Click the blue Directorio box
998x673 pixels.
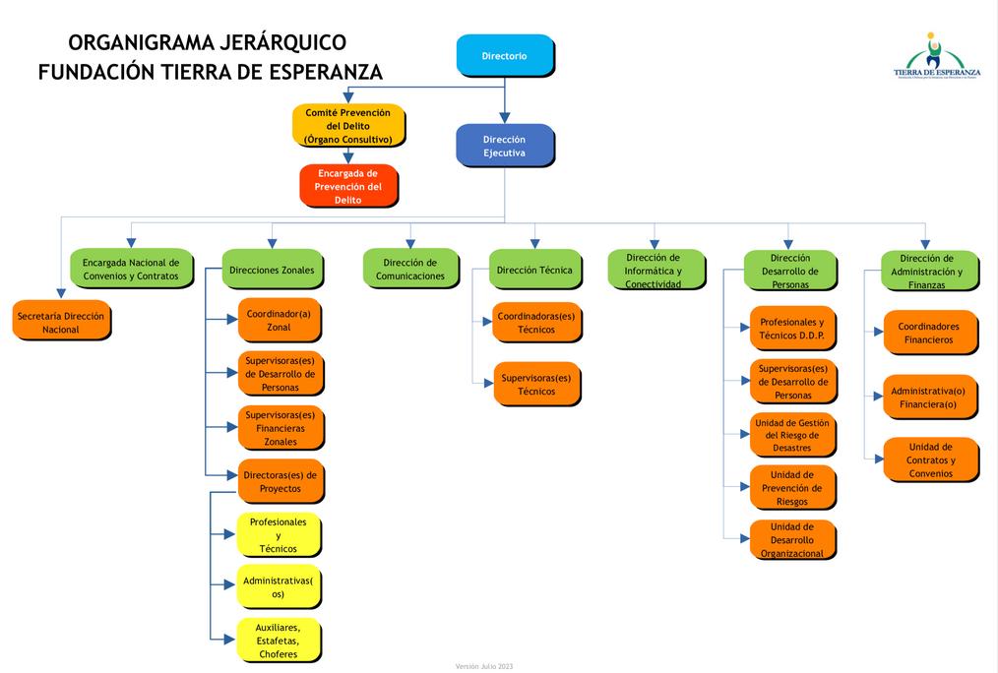pos(505,55)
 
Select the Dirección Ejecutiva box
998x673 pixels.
pos(505,146)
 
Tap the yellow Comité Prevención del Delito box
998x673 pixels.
pos(348,126)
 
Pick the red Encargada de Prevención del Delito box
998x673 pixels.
pos(348,186)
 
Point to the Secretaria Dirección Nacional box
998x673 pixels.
pos(61,323)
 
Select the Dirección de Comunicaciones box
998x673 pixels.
pos(410,270)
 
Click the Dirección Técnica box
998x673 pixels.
pos(534,270)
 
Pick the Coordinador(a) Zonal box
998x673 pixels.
pos(280,320)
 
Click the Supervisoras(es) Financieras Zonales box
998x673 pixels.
pos(281,428)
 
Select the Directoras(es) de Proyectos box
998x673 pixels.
pos(281,481)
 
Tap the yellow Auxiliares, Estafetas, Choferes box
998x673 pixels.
pos(279,641)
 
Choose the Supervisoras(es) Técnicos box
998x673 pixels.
pos(536,385)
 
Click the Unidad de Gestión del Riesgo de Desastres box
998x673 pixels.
pos(792,435)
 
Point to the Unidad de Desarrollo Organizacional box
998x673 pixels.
pos(792,540)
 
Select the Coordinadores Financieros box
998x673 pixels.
pos(930,333)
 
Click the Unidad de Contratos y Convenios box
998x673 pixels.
pos(930,459)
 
